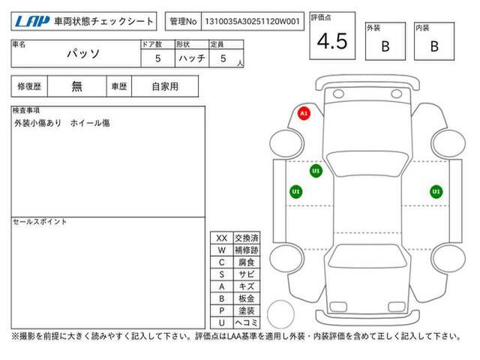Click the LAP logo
pyautogui.click(x=32, y=21)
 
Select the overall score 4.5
pyautogui.click(x=332, y=41)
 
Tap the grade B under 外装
pyautogui.click(x=385, y=46)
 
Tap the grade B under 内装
pyautogui.click(x=434, y=46)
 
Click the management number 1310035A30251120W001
pyautogui.click(x=252, y=22)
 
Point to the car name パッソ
pyautogui.click(x=83, y=54)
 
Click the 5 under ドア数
pyautogui.click(x=157, y=58)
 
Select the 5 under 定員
pyautogui.click(x=223, y=58)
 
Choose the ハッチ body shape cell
pyautogui.click(x=192, y=58)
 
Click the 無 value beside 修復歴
pyautogui.click(x=76, y=86)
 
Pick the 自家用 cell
pyautogui.click(x=165, y=87)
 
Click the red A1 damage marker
pyautogui.click(x=304, y=113)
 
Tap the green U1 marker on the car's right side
pyautogui.click(x=436, y=192)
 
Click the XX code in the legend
pyautogui.click(x=222, y=238)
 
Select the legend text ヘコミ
pyautogui.click(x=247, y=322)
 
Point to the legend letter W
pyautogui.click(x=222, y=250)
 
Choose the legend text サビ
pyautogui.click(x=247, y=274)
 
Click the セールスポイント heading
pyautogui.click(x=40, y=222)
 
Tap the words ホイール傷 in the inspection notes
pyautogui.click(x=90, y=123)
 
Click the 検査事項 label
pyautogui.click(x=26, y=110)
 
